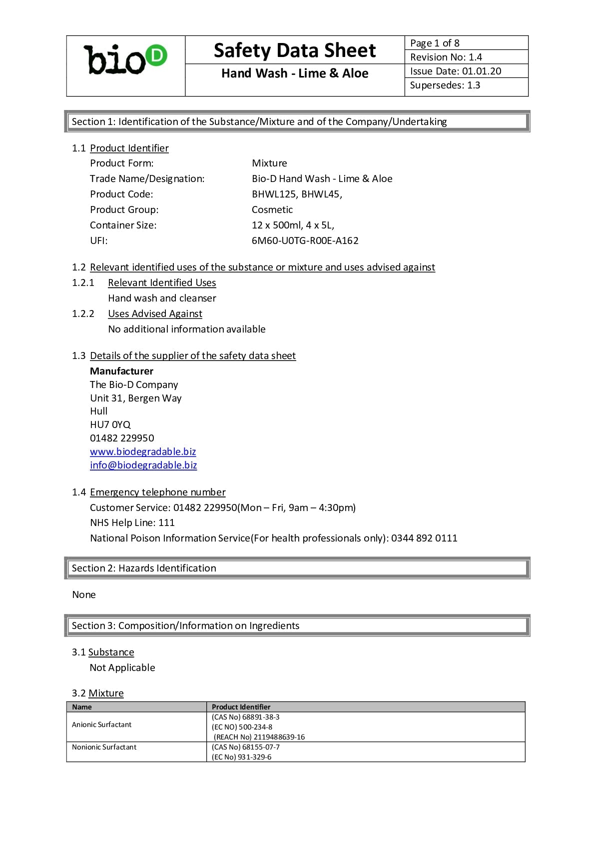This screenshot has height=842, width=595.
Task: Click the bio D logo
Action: (x=125, y=60)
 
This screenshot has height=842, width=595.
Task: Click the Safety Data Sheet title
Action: (x=295, y=50)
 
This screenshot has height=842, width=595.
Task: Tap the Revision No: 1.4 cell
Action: (x=446, y=57)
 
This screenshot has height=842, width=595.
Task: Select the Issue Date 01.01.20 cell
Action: (x=456, y=71)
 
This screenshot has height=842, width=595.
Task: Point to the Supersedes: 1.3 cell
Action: (x=445, y=85)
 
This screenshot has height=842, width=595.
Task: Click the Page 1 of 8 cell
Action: (x=435, y=43)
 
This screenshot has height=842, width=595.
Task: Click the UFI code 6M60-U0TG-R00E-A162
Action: (x=305, y=240)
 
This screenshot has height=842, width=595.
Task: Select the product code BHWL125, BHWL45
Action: (x=297, y=194)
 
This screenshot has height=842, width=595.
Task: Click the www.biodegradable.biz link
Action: (x=143, y=451)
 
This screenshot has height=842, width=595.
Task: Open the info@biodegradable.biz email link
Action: (x=143, y=465)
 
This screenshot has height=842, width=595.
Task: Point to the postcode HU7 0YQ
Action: (x=110, y=424)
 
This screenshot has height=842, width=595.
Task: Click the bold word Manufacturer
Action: (x=121, y=371)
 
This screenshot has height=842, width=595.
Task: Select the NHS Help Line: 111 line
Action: (x=132, y=522)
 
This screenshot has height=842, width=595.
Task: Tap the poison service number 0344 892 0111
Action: (x=424, y=538)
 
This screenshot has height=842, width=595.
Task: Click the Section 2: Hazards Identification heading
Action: (x=144, y=568)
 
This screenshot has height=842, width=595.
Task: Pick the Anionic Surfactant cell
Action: (x=102, y=724)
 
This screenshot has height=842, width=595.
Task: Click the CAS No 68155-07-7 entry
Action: (x=246, y=747)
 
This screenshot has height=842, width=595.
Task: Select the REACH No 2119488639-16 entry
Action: (x=259, y=737)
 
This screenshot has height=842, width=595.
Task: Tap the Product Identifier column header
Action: (x=241, y=707)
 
